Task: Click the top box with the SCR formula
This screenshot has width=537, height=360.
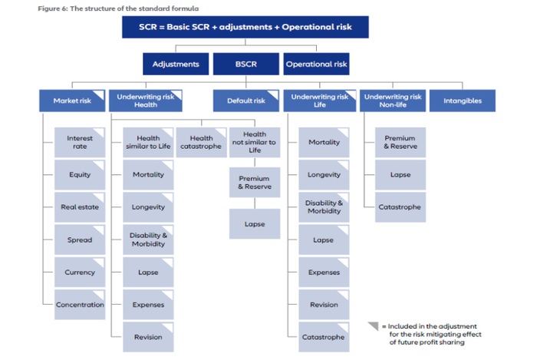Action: [x=245, y=28]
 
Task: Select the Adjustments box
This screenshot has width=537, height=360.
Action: [x=176, y=64]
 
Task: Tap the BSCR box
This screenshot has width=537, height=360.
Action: [x=245, y=64]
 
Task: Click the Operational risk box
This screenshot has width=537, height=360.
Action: [x=316, y=64]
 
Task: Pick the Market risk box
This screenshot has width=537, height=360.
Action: [x=72, y=101]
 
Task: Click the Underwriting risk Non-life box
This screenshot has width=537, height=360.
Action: [x=393, y=101]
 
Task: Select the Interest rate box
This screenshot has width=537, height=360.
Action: [x=80, y=143]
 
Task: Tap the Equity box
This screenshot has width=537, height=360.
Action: [x=80, y=175]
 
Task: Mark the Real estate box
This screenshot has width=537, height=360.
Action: [x=80, y=207]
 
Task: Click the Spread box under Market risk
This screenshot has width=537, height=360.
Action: [x=80, y=239]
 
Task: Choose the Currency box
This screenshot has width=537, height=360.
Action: [x=80, y=272]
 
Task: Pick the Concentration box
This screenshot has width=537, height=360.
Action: [x=80, y=305]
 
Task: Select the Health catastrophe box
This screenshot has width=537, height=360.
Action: [x=201, y=143]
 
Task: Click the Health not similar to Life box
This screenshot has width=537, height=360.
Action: [x=254, y=143]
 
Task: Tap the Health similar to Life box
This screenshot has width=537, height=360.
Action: [x=148, y=143]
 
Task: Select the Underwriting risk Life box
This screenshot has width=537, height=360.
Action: [x=319, y=101]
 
